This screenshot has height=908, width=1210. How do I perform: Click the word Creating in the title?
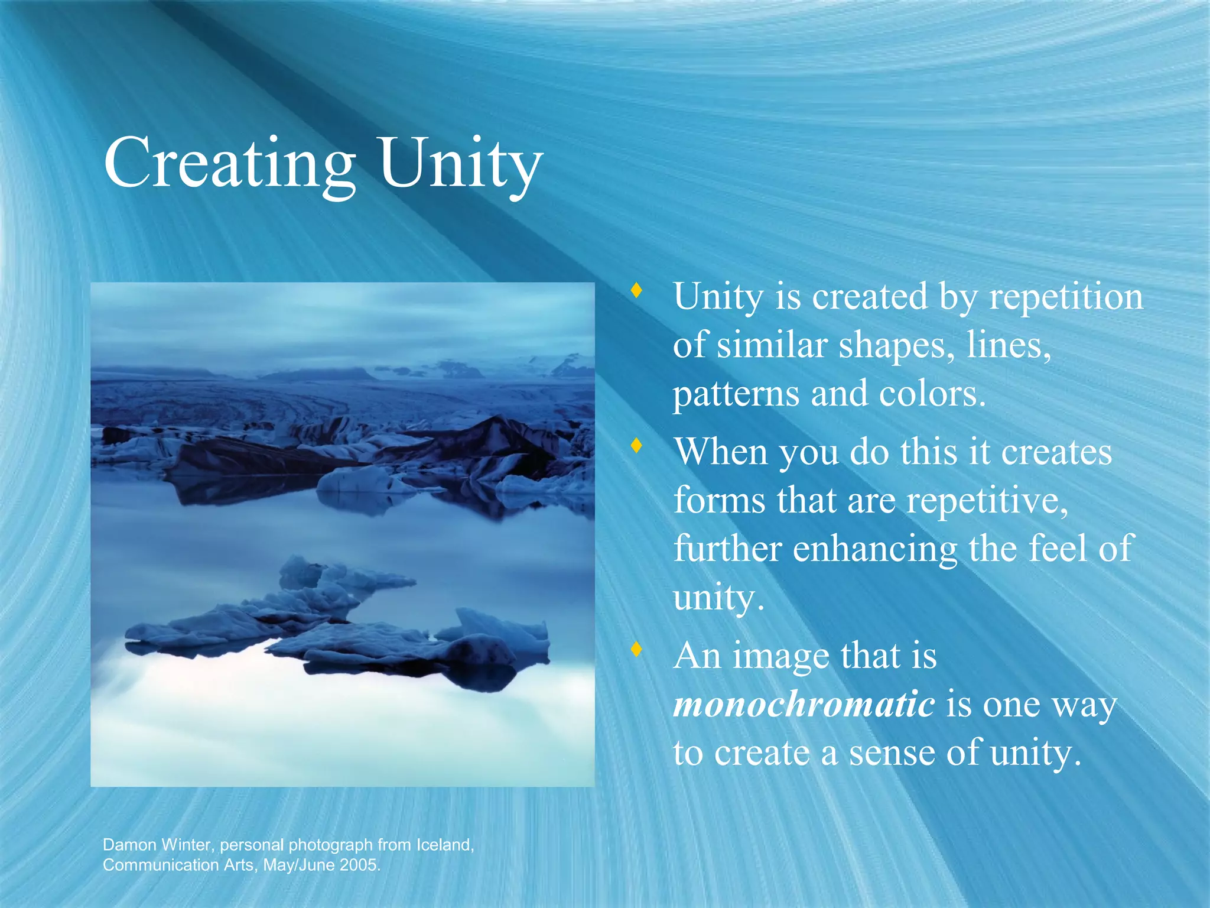click(x=229, y=163)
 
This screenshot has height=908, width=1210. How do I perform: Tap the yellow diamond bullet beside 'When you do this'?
click(x=636, y=445)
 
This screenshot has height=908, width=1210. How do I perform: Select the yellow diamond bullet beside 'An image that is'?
click(x=636, y=649)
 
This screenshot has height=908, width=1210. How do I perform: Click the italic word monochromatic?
click(x=804, y=704)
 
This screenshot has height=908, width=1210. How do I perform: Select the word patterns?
click(x=736, y=394)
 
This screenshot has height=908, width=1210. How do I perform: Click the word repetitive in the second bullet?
click(x=987, y=501)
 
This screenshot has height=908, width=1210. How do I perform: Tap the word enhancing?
click(x=874, y=549)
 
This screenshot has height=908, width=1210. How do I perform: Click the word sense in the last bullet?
click(x=892, y=753)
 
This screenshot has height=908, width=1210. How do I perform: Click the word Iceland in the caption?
click(x=444, y=845)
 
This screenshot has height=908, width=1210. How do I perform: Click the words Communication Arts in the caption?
click(x=180, y=865)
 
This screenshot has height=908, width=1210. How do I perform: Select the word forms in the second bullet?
click(x=720, y=501)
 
